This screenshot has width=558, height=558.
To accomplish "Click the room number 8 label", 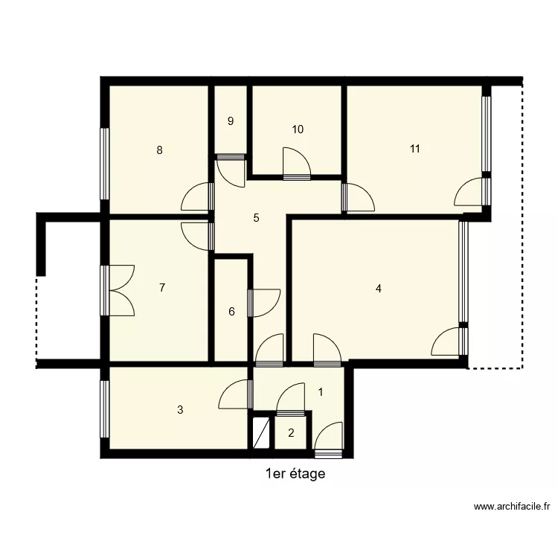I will coord(159,150).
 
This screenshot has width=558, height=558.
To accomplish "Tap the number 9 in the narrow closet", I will coord(231,121).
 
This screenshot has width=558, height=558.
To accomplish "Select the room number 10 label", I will coord(298,129).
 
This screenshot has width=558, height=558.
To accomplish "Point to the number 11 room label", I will coord(415,149).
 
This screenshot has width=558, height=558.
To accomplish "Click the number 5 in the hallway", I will coord(256,218).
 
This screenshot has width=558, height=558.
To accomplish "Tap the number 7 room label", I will coord(162,287).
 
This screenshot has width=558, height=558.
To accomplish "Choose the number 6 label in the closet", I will coord(231,312).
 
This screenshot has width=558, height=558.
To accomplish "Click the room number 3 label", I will coord(180,409).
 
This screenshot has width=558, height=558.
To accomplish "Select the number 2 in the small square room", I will coord(291,433).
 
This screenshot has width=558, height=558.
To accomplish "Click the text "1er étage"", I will coord(295,474).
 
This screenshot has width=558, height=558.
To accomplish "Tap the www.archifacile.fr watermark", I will coord(512,507).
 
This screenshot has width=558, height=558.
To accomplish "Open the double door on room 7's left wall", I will coord(119,290).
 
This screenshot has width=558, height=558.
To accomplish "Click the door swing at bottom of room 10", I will coord(296,164).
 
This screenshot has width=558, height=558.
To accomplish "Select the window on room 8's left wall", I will coord(104,164).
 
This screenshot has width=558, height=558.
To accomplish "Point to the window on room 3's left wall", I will coord(104,409).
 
